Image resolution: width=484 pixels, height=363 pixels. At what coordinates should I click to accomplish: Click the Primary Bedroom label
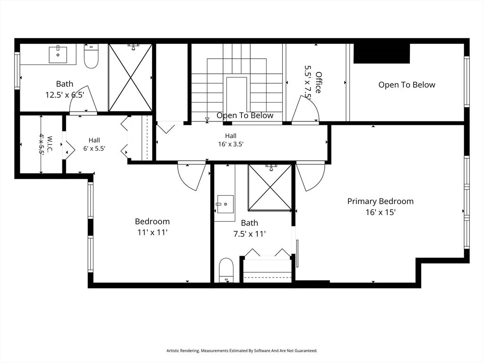click(380, 201)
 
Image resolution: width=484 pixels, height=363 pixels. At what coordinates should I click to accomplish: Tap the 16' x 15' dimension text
click(380, 212)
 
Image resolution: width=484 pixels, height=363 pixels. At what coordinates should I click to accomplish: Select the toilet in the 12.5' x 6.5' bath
click(91, 57)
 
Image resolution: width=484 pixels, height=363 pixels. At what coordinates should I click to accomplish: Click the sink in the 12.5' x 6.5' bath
click(58, 54)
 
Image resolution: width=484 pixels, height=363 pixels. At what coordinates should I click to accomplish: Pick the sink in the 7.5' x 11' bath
click(225, 204)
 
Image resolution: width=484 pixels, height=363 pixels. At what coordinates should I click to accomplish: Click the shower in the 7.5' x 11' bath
click(270, 187)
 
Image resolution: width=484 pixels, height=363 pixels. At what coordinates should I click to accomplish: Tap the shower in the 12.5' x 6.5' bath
click(130, 77)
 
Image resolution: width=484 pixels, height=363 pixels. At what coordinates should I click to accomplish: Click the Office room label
click(318, 82)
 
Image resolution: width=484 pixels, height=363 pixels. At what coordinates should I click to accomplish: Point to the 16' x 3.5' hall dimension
click(231, 144)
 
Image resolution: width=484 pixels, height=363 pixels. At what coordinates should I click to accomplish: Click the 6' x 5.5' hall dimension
click(94, 148)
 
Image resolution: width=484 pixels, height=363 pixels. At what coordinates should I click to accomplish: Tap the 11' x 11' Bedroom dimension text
click(153, 233)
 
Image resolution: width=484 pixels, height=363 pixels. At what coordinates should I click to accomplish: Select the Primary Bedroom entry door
click(311, 176)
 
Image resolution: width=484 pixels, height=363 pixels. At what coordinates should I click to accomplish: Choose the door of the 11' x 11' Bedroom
click(192, 176)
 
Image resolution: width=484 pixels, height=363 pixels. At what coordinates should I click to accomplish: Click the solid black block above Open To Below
click(381, 53)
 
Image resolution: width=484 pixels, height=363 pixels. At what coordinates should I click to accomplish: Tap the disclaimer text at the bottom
click(242, 351)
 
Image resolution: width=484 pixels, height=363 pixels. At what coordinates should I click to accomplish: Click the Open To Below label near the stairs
click(245, 115)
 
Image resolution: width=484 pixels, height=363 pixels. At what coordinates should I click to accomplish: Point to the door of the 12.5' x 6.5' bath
click(83, 99)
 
